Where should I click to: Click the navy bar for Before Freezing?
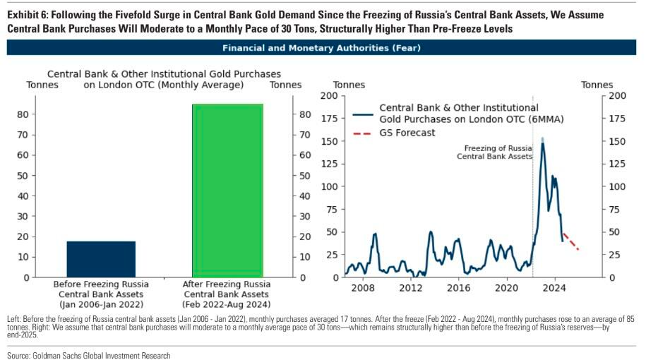point(101,259)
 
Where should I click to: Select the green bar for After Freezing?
point(227,191)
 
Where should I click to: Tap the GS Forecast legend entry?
point(407,133)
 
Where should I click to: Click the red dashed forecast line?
point(570,242)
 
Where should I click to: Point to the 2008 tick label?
point(363,288)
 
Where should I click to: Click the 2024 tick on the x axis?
point(555,288)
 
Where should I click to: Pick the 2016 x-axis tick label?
point(459,288)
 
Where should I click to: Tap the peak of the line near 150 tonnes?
point(542,140)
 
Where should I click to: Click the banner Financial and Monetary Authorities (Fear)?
point(321,48)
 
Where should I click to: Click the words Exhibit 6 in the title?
point(28,15)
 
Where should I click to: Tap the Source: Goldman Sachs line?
point(88,355)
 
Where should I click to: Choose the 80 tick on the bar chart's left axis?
point(23,114)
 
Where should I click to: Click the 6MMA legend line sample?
point(363,114)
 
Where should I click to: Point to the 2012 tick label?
point(411,288)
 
